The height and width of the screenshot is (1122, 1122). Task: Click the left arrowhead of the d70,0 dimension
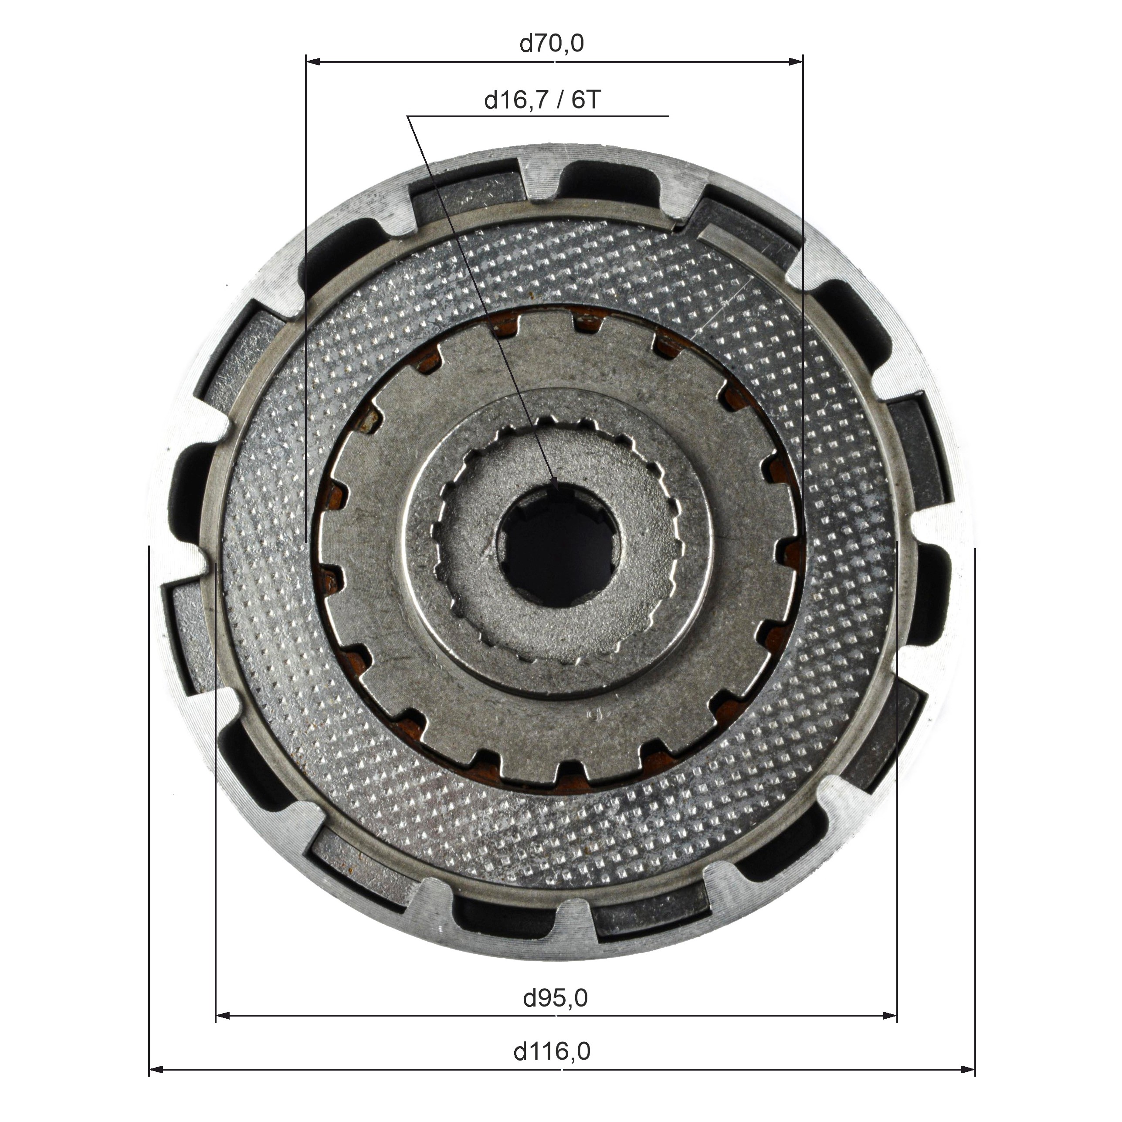314,61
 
